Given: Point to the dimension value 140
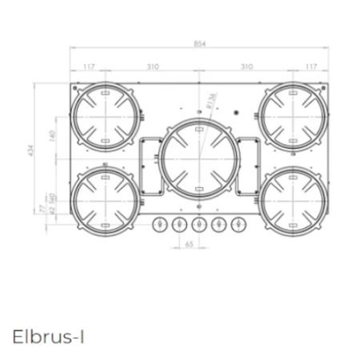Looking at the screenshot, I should (x=52, y=137).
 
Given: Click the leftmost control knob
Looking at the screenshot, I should (x=158, y=225).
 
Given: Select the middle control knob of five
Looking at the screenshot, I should (x=198, y=225).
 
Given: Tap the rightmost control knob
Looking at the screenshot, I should (x=237, y=225).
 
